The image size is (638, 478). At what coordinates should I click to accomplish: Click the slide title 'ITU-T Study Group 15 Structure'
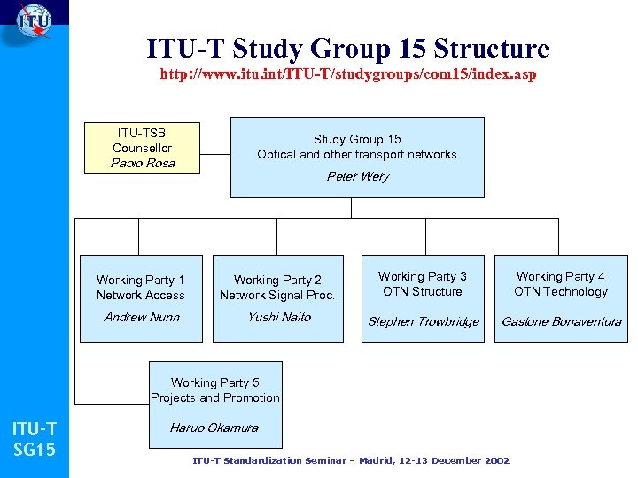point(347,48)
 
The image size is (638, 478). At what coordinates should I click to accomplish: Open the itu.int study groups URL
point(347,74)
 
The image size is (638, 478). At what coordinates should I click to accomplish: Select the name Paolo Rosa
point(142,163)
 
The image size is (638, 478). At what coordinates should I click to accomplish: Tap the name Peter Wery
point(357,176)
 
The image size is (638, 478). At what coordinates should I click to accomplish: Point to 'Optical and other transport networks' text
point(357,154)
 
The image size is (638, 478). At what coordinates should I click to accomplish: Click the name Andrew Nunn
point(141,317)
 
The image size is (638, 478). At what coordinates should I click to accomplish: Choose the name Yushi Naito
point(278,317)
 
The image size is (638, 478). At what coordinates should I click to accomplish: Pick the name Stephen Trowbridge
point(423,321)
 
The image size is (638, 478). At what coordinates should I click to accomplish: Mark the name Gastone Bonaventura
point(561,321)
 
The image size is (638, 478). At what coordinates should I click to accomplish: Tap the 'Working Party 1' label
point(141,280)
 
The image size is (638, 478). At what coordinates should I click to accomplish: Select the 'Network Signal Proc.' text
point(277,295)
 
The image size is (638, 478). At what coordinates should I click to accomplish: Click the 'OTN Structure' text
point(423,291)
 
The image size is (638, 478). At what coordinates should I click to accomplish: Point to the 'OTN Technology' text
point(561,291)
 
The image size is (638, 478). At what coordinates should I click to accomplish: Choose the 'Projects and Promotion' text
point(215,397)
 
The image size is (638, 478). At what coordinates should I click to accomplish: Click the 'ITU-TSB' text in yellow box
point(142,133)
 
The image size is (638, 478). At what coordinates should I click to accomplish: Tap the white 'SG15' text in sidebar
point(35,451)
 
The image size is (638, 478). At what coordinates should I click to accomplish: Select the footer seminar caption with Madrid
point(351,460)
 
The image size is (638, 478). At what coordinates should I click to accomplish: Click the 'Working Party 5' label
point(215,382)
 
